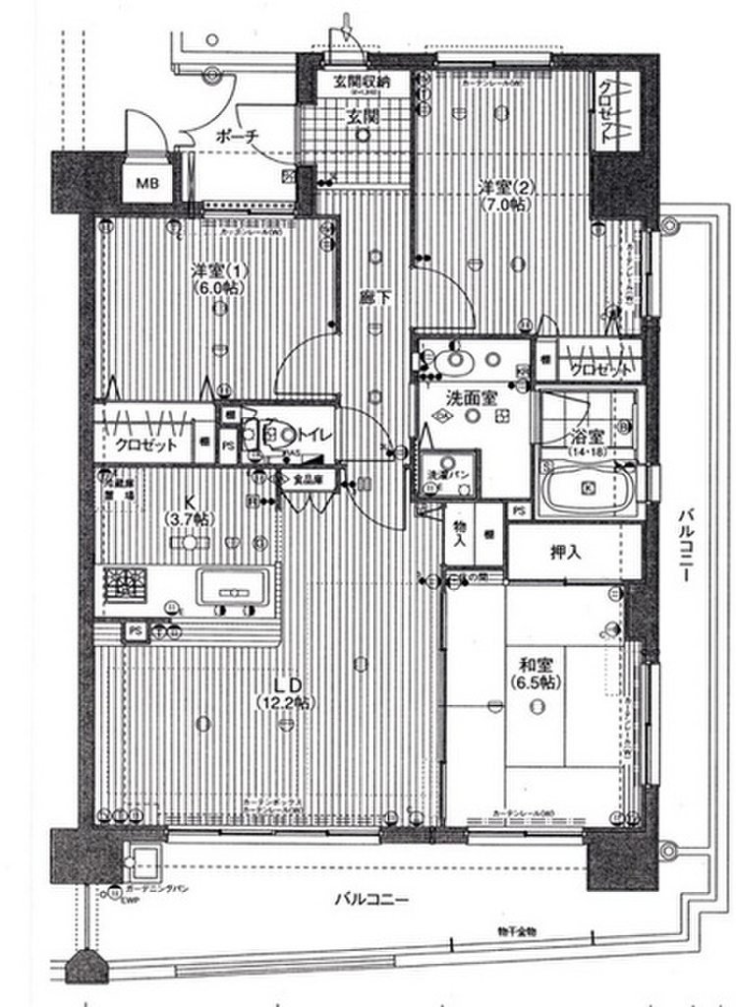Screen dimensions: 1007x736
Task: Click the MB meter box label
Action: (145, 183)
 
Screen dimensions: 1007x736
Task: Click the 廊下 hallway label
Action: (371, 293)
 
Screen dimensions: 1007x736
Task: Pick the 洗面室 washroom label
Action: (472, 397)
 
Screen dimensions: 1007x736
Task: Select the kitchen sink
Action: (234, 589)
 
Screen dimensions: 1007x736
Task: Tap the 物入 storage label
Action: (460, 536)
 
